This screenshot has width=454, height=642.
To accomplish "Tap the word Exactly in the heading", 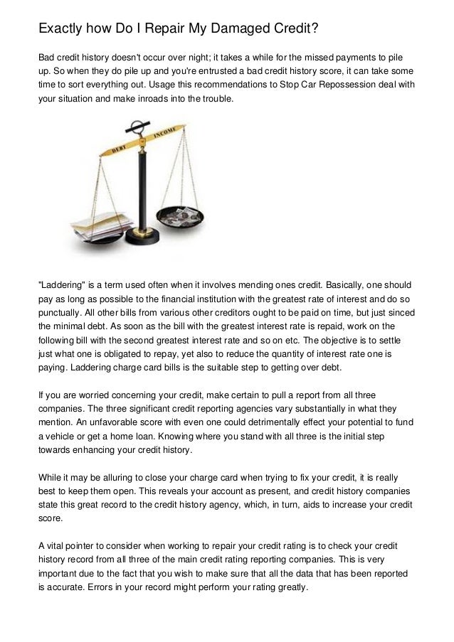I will click(62, 29).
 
